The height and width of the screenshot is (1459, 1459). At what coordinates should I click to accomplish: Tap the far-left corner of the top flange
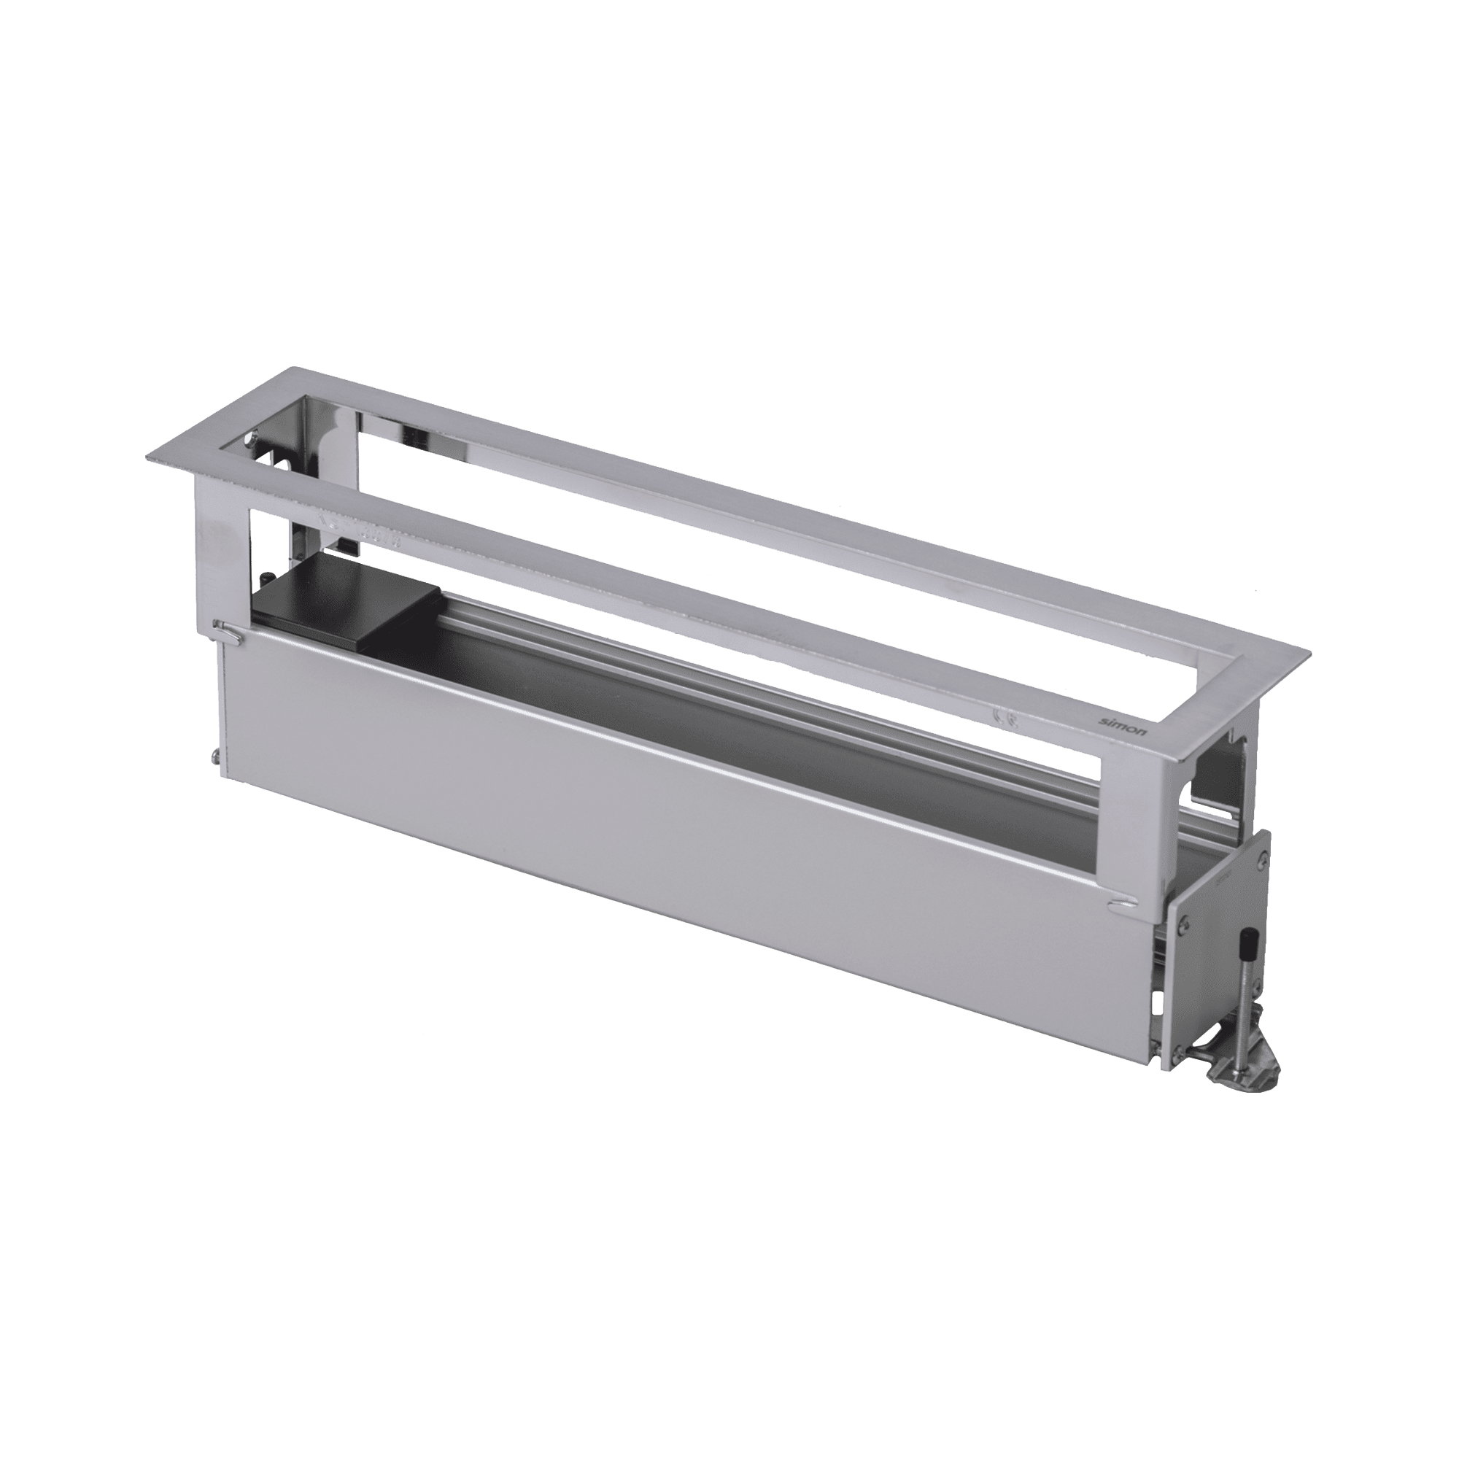tap(147, 459)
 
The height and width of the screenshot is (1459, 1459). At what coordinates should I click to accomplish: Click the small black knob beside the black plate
tap(267, 577)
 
